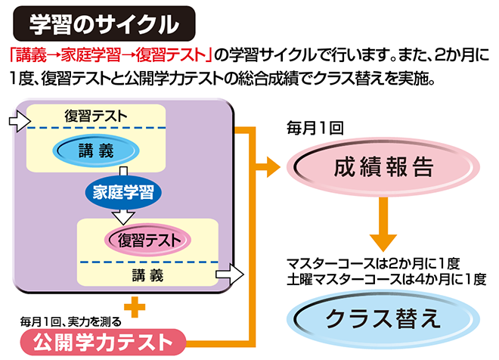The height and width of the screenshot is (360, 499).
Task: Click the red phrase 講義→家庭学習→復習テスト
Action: [x=105, y=55]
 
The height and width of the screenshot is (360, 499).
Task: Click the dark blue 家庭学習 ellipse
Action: [x=122, y=192]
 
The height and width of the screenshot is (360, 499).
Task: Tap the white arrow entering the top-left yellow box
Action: [x=16, y=120]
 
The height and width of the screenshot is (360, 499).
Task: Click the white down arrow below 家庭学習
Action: [x=122, y=216]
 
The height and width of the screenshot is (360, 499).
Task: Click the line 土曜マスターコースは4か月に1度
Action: [x=386, y=278]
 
